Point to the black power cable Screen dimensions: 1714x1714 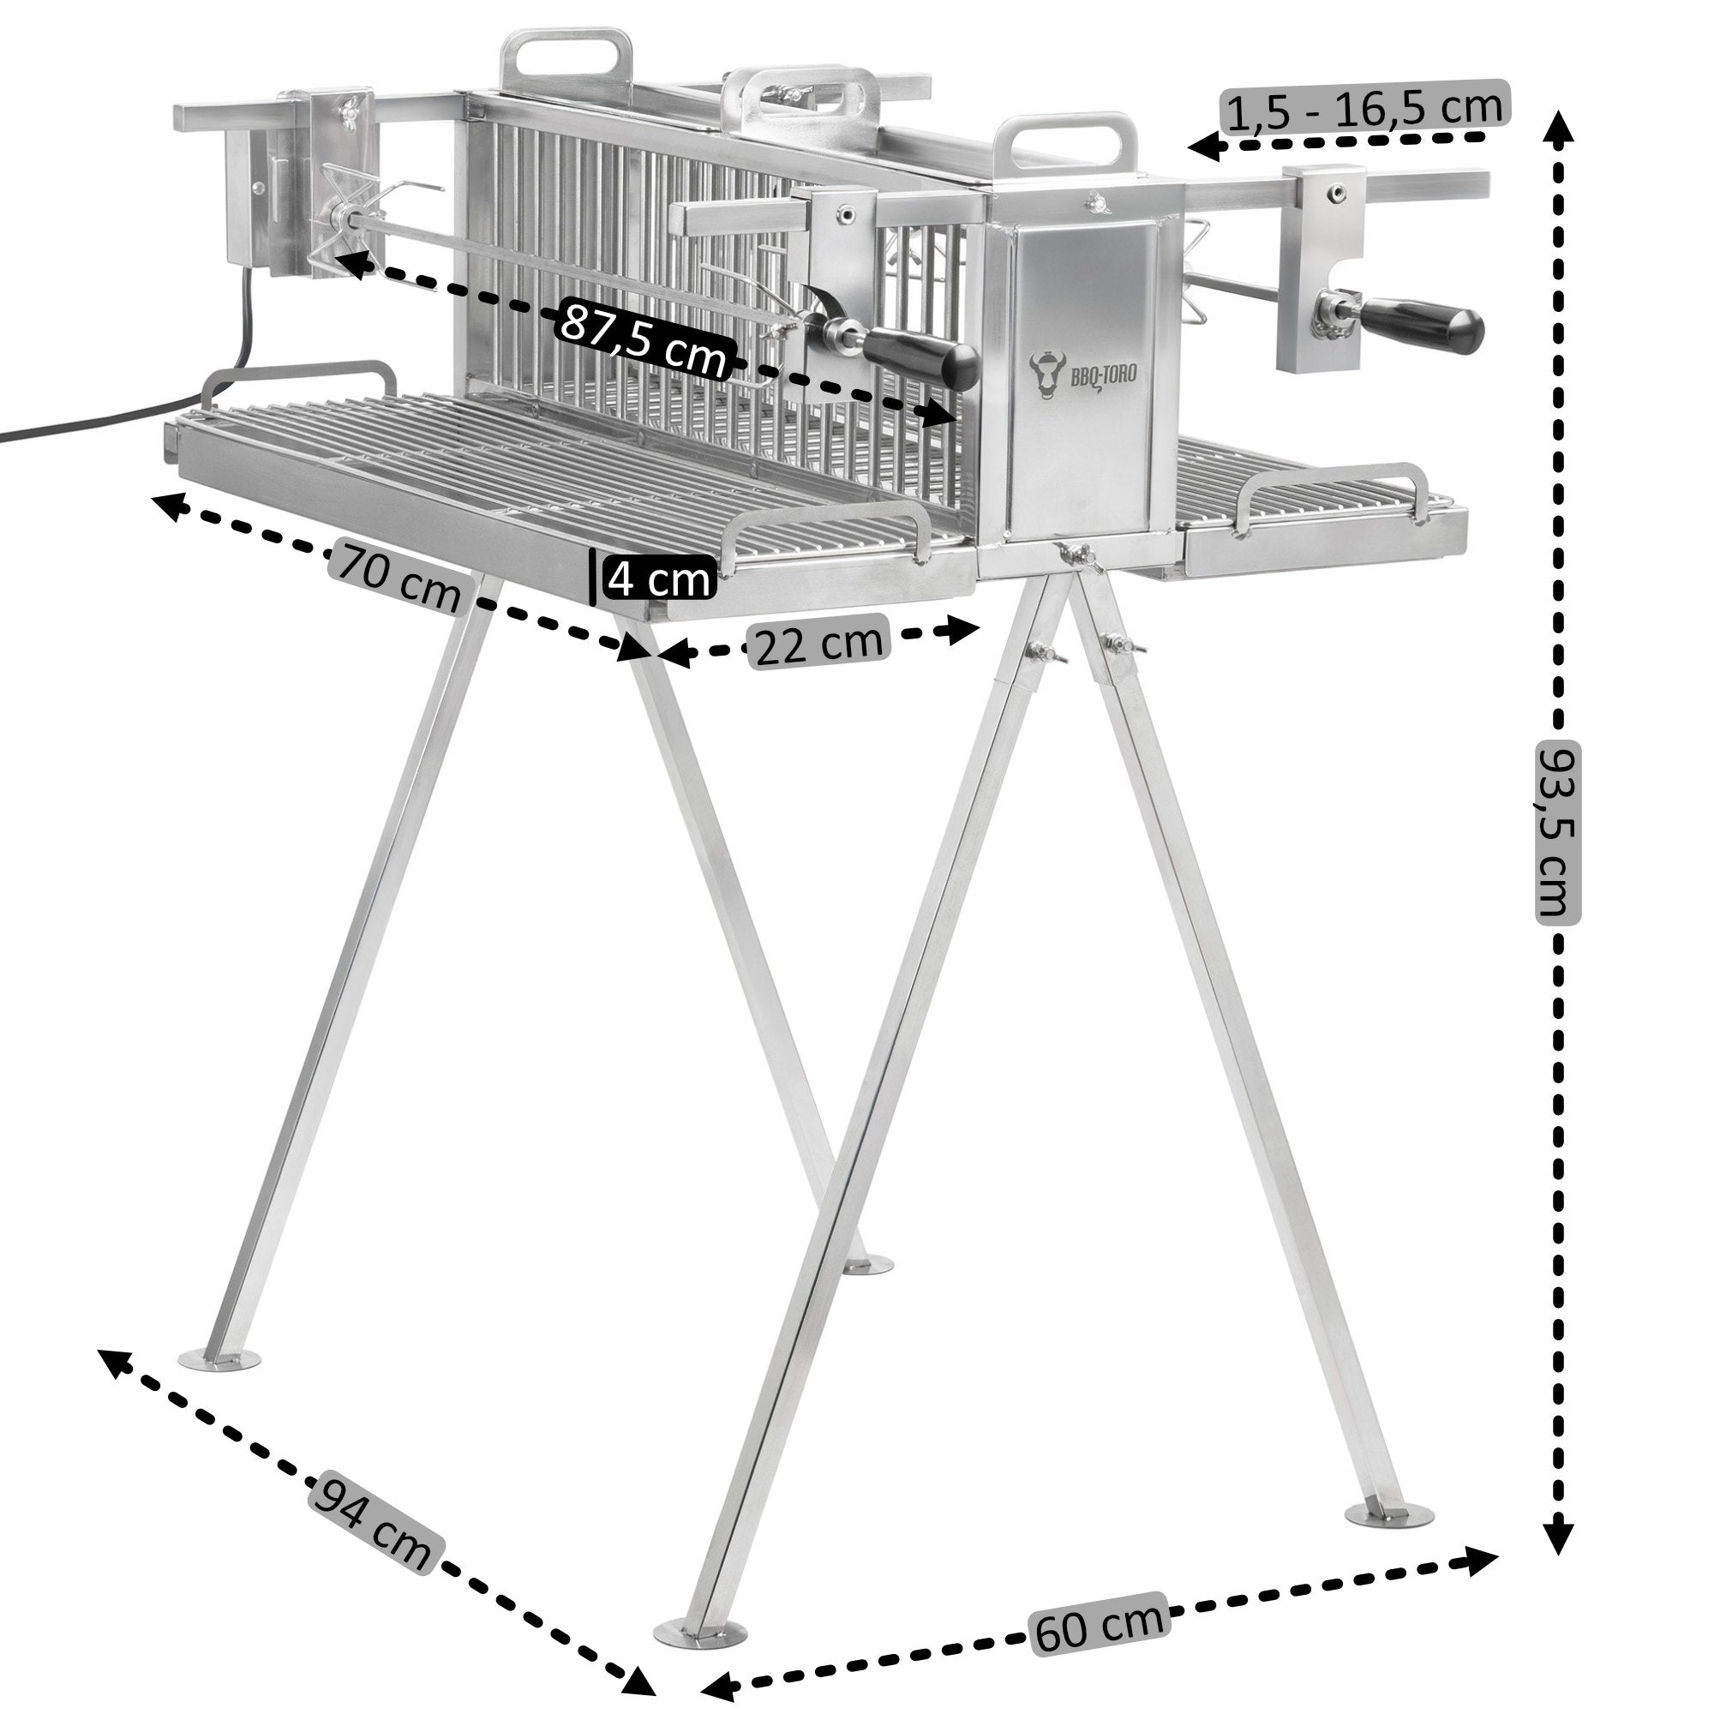click(133, 417)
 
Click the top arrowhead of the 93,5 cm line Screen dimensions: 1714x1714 click(1558, 127)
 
